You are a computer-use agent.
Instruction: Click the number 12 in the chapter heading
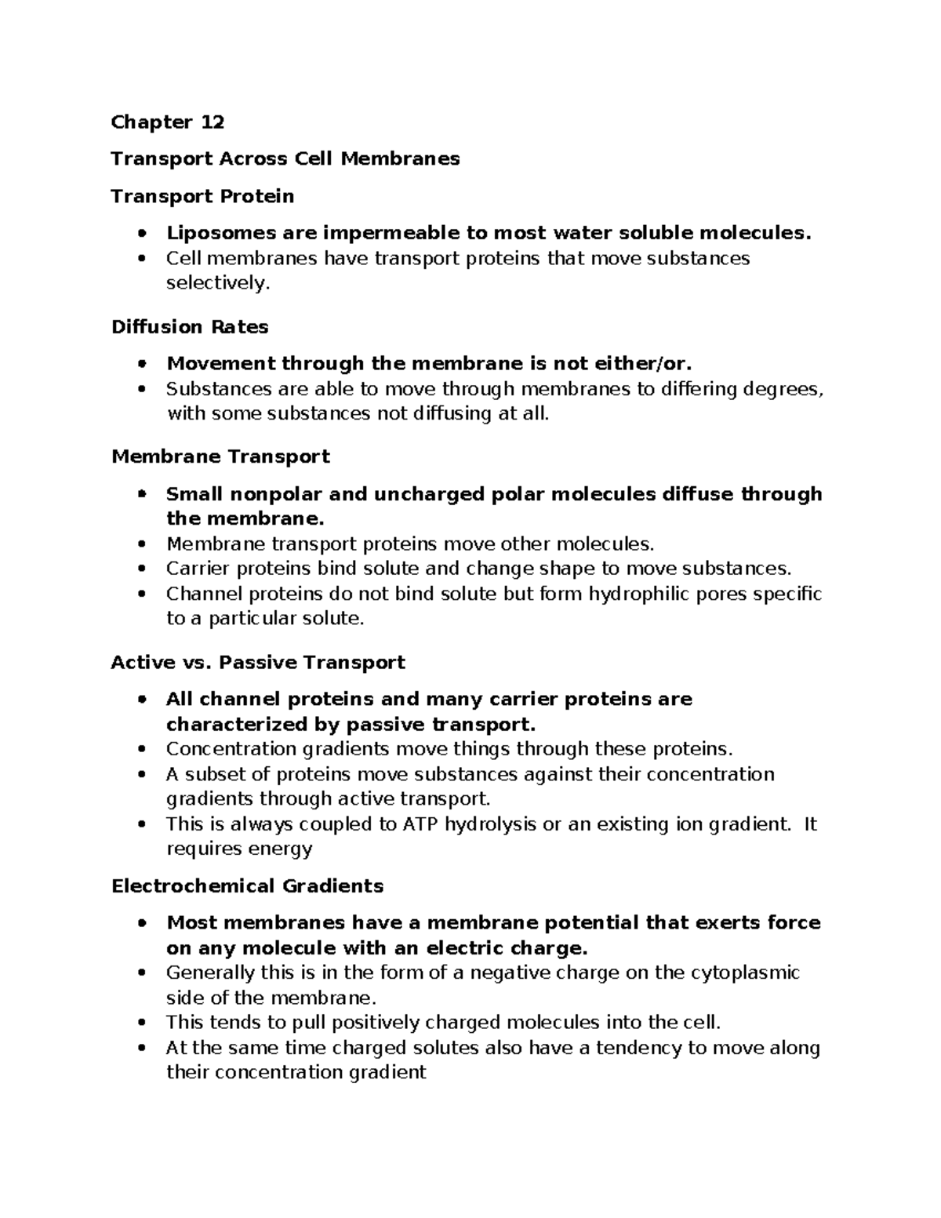coord(212,122)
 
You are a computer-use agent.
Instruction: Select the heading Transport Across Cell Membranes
coord(285,159)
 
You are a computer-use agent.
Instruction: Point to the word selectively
coord(217,283)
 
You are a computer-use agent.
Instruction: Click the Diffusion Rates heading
coord(190,327)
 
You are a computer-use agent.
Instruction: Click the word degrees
coord(783,389)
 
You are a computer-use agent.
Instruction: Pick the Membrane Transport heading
coord(220,457)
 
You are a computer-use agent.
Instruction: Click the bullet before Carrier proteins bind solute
coord(141,569)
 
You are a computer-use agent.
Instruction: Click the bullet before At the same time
coord(141,1049)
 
